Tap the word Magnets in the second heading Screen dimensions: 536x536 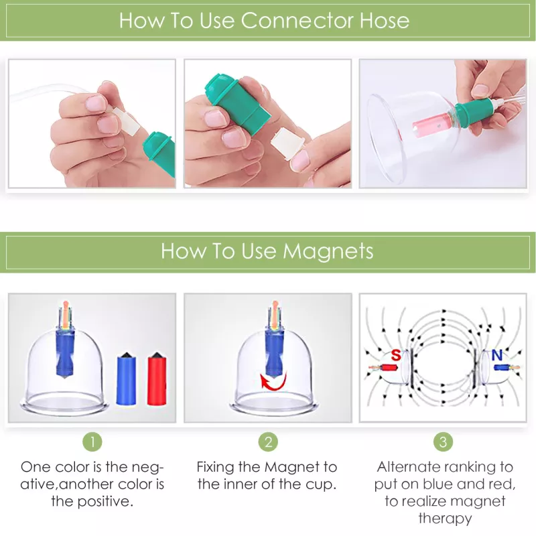point(328,251)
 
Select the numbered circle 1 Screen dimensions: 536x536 point(92,442)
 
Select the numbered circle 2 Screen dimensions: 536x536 point(268,442)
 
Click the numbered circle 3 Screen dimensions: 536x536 point(443,442)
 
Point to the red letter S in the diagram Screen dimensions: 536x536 point(396,356)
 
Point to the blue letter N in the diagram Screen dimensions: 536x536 point(496,356)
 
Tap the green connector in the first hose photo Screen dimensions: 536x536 point(159,153)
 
